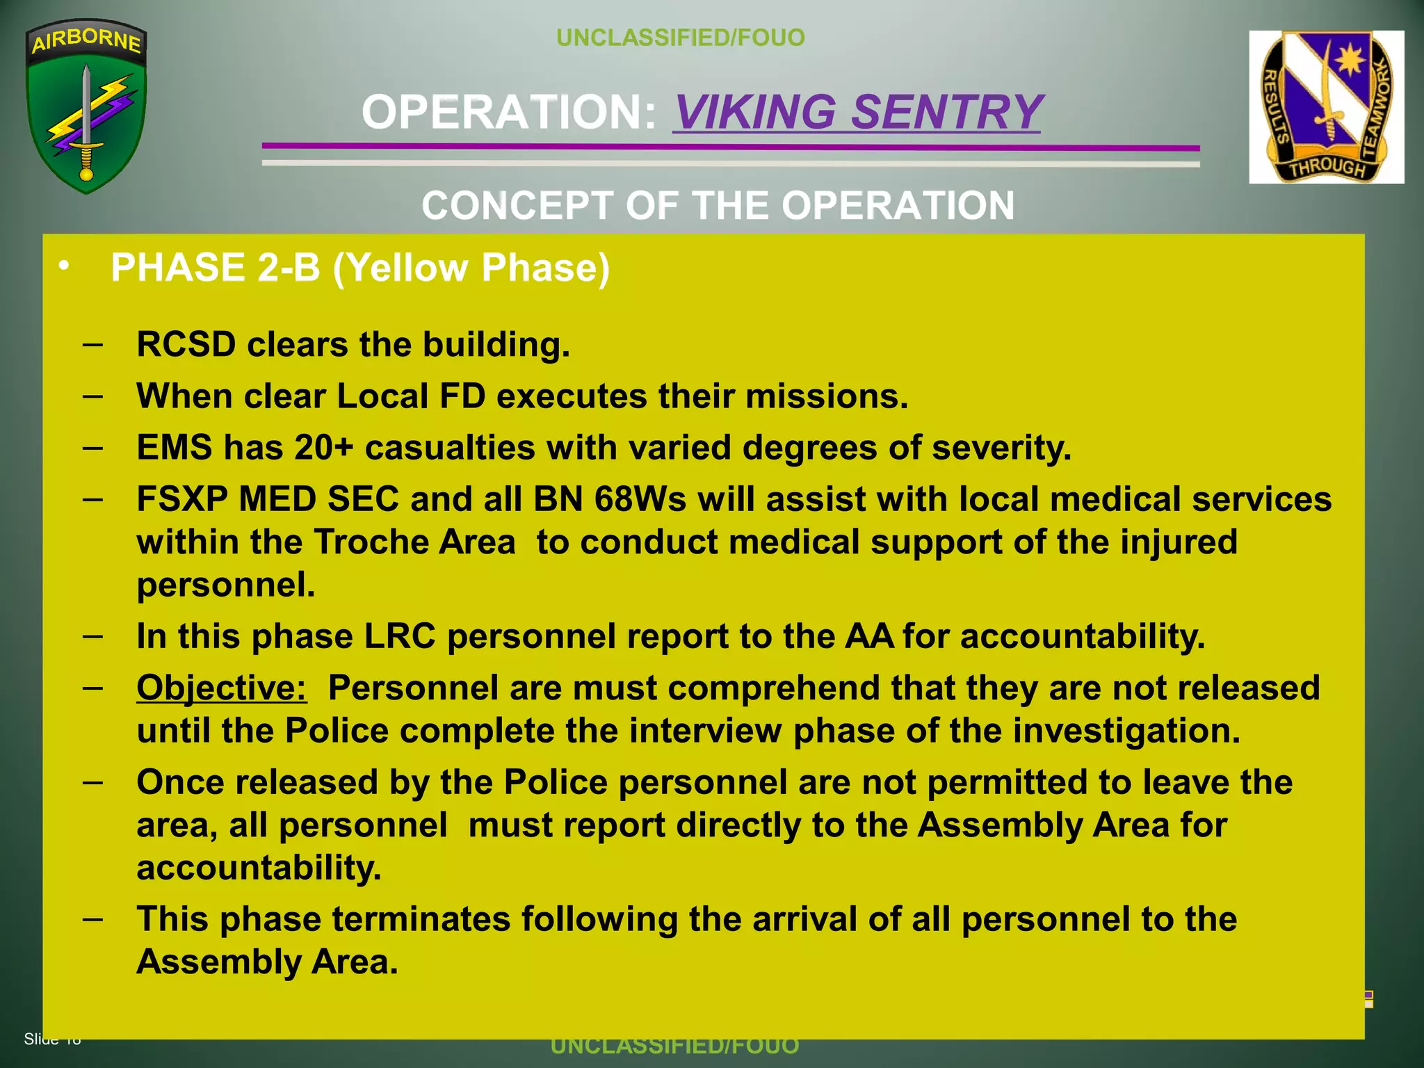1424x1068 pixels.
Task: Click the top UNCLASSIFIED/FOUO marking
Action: [x=681, y=38]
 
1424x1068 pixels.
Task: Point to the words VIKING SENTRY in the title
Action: [x=857, y=112]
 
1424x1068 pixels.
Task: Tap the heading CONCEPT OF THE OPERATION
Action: [x=718, y=206]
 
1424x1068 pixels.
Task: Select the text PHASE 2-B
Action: [x=216, y=268]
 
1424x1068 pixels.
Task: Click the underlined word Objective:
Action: [x=221, y=688]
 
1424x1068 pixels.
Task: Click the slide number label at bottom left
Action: [x=52, y=1039]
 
